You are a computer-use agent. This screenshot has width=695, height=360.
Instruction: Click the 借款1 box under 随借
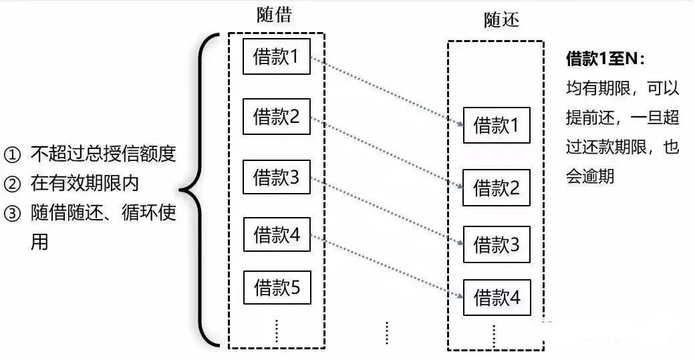(x=275, y=57)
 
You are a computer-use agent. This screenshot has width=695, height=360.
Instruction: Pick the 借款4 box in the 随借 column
(x=275, y=234)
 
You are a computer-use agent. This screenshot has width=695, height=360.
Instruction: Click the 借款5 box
(x=275, y=287)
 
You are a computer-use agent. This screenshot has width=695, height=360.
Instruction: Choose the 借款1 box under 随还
(x=496, y=125)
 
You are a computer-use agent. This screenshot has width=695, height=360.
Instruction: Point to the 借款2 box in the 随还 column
(x=496, y=188)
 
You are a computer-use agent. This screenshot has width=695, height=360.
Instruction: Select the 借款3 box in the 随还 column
(x=496, y=244)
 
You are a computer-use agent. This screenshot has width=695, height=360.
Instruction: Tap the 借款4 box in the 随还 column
(x=496, y=297)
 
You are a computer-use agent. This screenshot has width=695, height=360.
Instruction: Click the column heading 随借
(x=274, y=15)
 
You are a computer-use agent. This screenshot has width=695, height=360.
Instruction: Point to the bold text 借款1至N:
(x=605, y=59)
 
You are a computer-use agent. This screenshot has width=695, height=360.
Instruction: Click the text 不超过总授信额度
(x=103, y=154)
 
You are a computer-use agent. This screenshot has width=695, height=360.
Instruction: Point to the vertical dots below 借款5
(x=276, y=331)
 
